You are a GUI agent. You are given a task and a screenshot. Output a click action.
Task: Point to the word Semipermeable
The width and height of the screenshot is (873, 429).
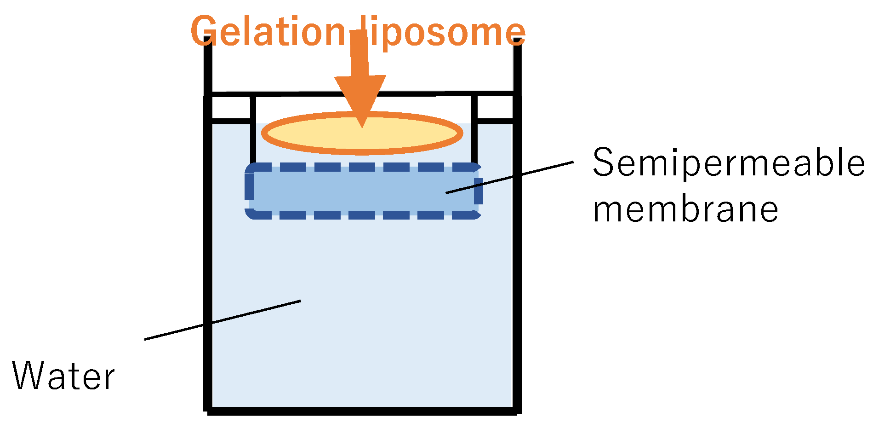[x=728, y=163]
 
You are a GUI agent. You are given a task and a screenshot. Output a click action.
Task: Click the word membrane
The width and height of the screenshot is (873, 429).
[x=685, y=209]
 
